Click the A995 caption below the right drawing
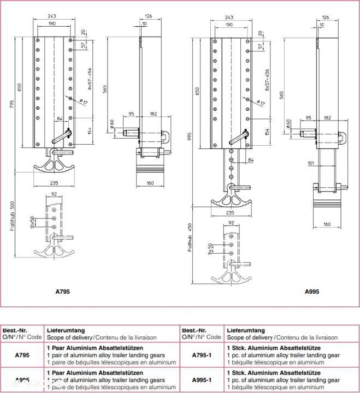(x=312, y=291)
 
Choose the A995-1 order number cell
(x=202, y=380)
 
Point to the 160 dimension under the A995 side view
(x=327, y=224)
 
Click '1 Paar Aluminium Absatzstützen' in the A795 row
(x=96, y=348)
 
